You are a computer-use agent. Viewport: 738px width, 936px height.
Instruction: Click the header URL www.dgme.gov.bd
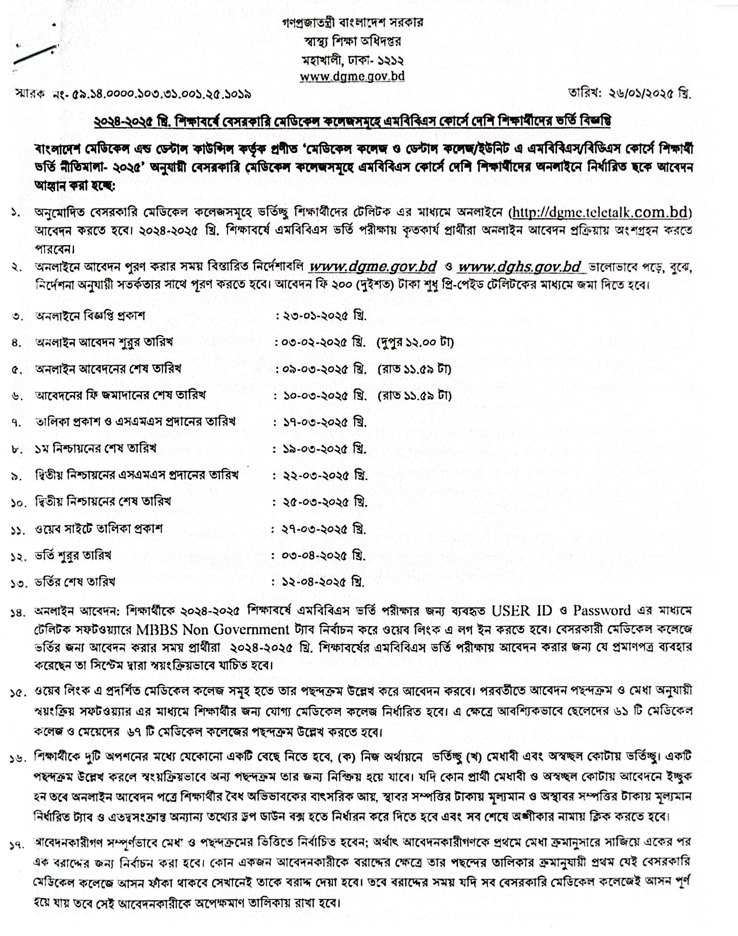352,75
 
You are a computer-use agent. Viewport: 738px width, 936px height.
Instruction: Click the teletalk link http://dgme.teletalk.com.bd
601,213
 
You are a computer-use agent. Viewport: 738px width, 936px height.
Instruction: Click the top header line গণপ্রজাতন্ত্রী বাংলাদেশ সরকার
352,22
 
